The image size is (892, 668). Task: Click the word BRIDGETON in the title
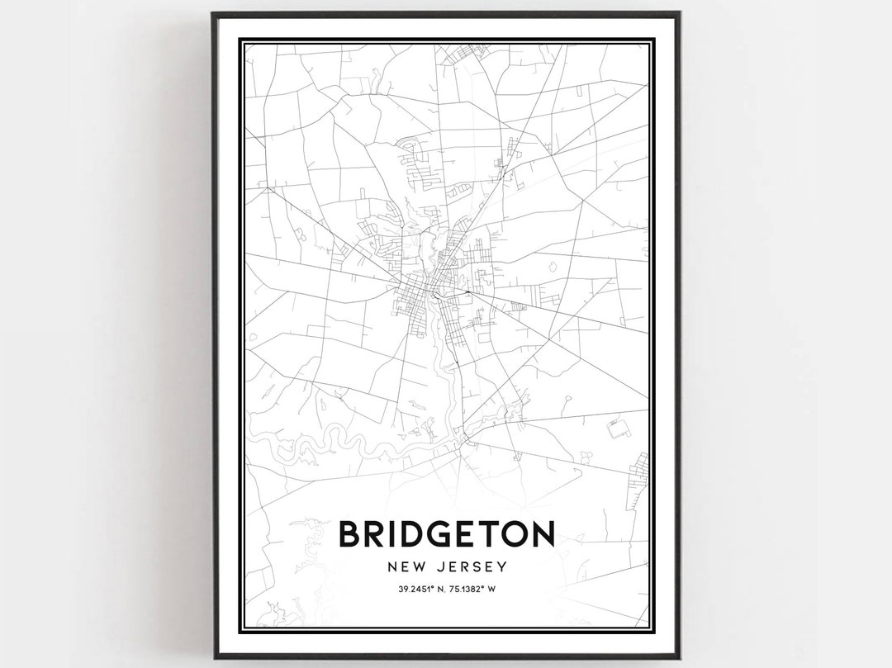pos(446,533)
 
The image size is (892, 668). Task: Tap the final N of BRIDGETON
pos(542,533)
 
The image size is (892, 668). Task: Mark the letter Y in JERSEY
pos(501,566)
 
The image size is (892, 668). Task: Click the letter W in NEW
pos(419,566)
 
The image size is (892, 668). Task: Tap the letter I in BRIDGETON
pos(388,533)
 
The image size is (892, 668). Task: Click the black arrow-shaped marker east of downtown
pos(467,291)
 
